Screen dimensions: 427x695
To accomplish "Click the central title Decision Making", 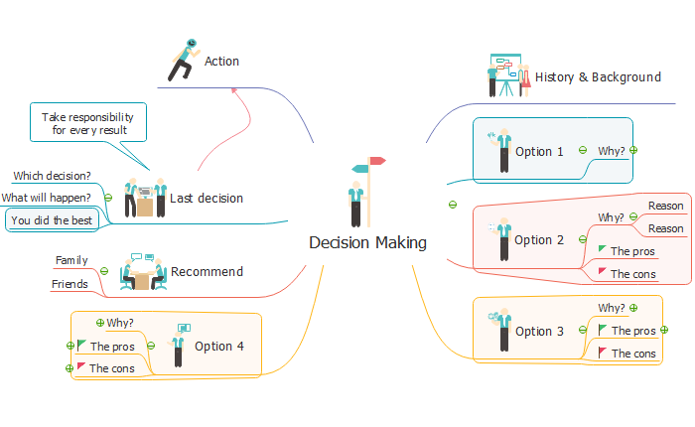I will coord(367,242).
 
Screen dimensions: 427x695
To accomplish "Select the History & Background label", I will coord(598,76).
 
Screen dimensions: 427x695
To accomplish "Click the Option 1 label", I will coord(539,152).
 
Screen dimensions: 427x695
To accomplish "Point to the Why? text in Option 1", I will coord(612,151).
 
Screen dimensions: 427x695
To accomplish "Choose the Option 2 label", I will coord(539,239).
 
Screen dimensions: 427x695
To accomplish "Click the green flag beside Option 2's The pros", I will coord(602,249).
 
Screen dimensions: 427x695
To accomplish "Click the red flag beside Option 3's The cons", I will coord(603,352).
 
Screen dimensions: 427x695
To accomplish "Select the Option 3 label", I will coord(539,331).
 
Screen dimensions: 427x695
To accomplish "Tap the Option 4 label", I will coord(218,347).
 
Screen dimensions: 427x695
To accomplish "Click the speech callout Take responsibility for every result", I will coord(88,123).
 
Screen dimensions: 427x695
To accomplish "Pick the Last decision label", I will coord(207,198).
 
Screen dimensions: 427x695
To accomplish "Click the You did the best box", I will coord(52,220).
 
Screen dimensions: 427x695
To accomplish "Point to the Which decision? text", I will coord(52,176).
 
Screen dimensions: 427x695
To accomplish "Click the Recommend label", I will coord(207,271).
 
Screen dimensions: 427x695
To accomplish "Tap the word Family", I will coord(71,260).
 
